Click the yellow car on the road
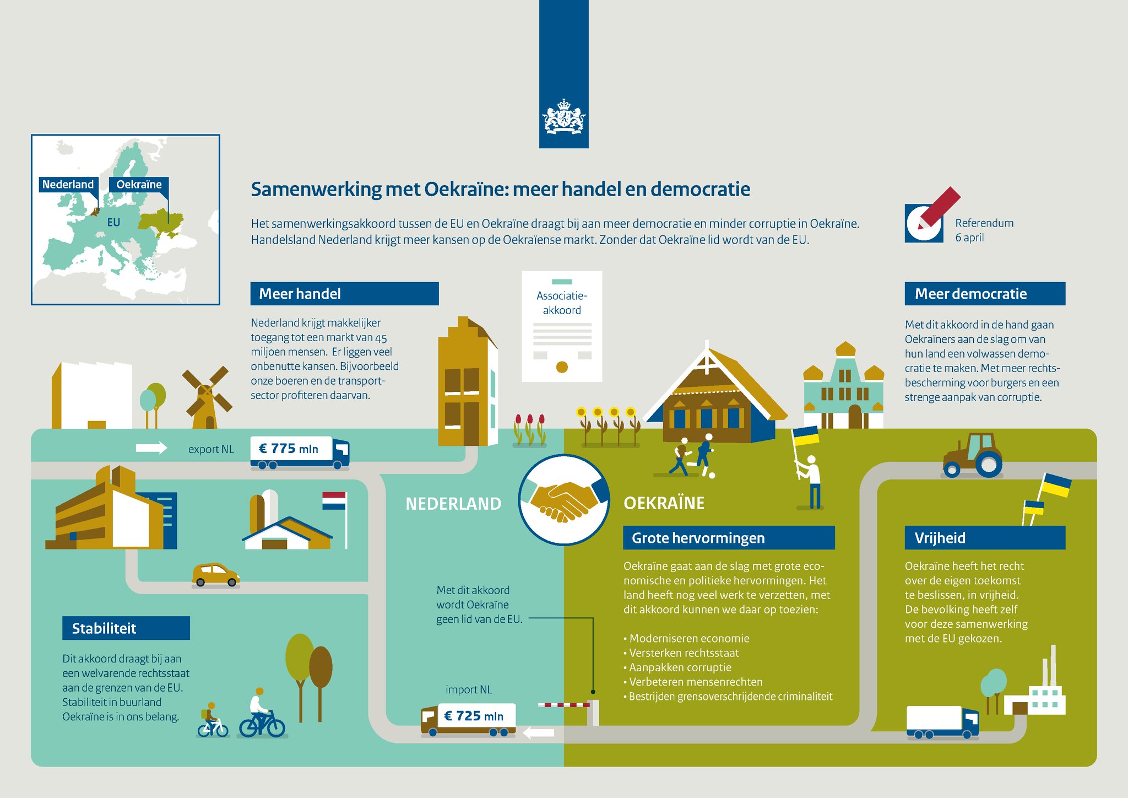pyautogui.click(x=215, y=575)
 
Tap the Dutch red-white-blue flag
pyautogui.click(x=334, y=500)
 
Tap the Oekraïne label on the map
pyautogui.click(x=139, y=185)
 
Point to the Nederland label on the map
pyautogui.click(x=68, y=185)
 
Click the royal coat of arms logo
pyautogui.click(x=563, y=117)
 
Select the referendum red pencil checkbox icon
pyautogui.click(x=928, y=218)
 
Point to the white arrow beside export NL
pyautogui.click(x=151, y=447)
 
